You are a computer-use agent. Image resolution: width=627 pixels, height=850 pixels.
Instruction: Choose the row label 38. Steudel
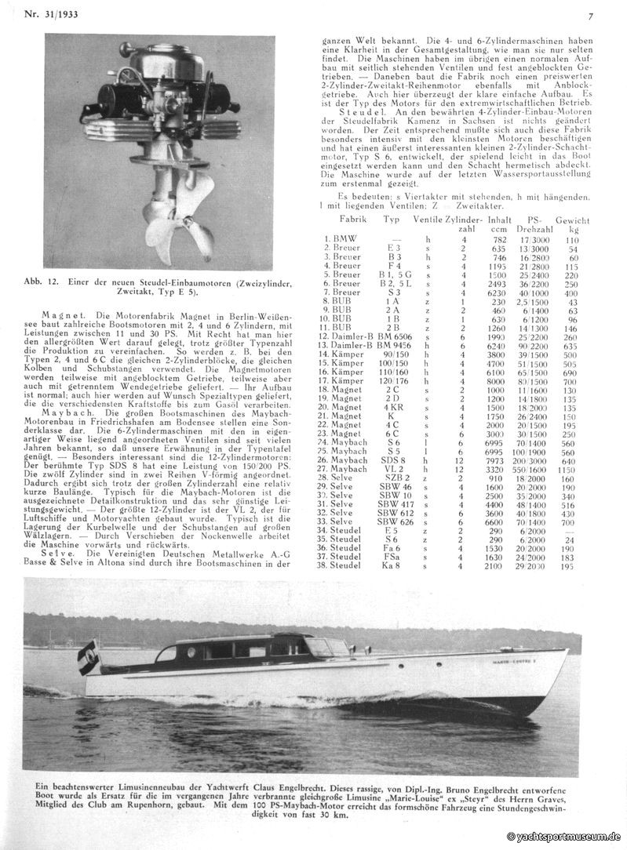pyautogui.click(x=345, y=565)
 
